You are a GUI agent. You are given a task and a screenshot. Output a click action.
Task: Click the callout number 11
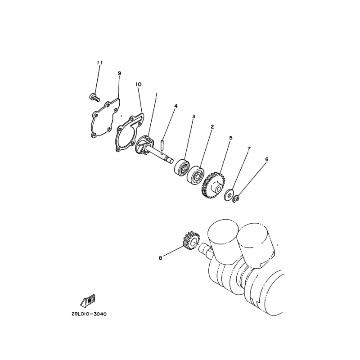(99, 63)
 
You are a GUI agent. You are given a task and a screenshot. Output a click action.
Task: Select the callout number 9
(119, 73)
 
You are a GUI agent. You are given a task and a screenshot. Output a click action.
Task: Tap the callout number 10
(139, 84)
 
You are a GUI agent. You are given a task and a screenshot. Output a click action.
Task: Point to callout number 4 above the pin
(176, 106)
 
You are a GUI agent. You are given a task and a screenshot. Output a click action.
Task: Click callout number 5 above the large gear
(231, 138)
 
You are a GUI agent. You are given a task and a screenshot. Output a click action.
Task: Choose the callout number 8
(160, 258)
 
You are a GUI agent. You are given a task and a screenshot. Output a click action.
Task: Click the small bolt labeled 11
(94, 97)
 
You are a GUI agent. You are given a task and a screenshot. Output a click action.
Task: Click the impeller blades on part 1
(143, 146)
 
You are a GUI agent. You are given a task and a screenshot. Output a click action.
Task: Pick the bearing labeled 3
(182, 167)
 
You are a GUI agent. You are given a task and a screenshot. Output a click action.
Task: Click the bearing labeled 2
(196, 175)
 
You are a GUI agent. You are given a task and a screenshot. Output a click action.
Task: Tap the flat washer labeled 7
(229, 194)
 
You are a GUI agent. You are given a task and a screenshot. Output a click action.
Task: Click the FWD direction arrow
(88, 301)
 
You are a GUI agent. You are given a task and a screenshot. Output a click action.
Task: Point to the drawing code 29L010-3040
(89, 314)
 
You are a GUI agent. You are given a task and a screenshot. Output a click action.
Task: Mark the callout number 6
(266, 159)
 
